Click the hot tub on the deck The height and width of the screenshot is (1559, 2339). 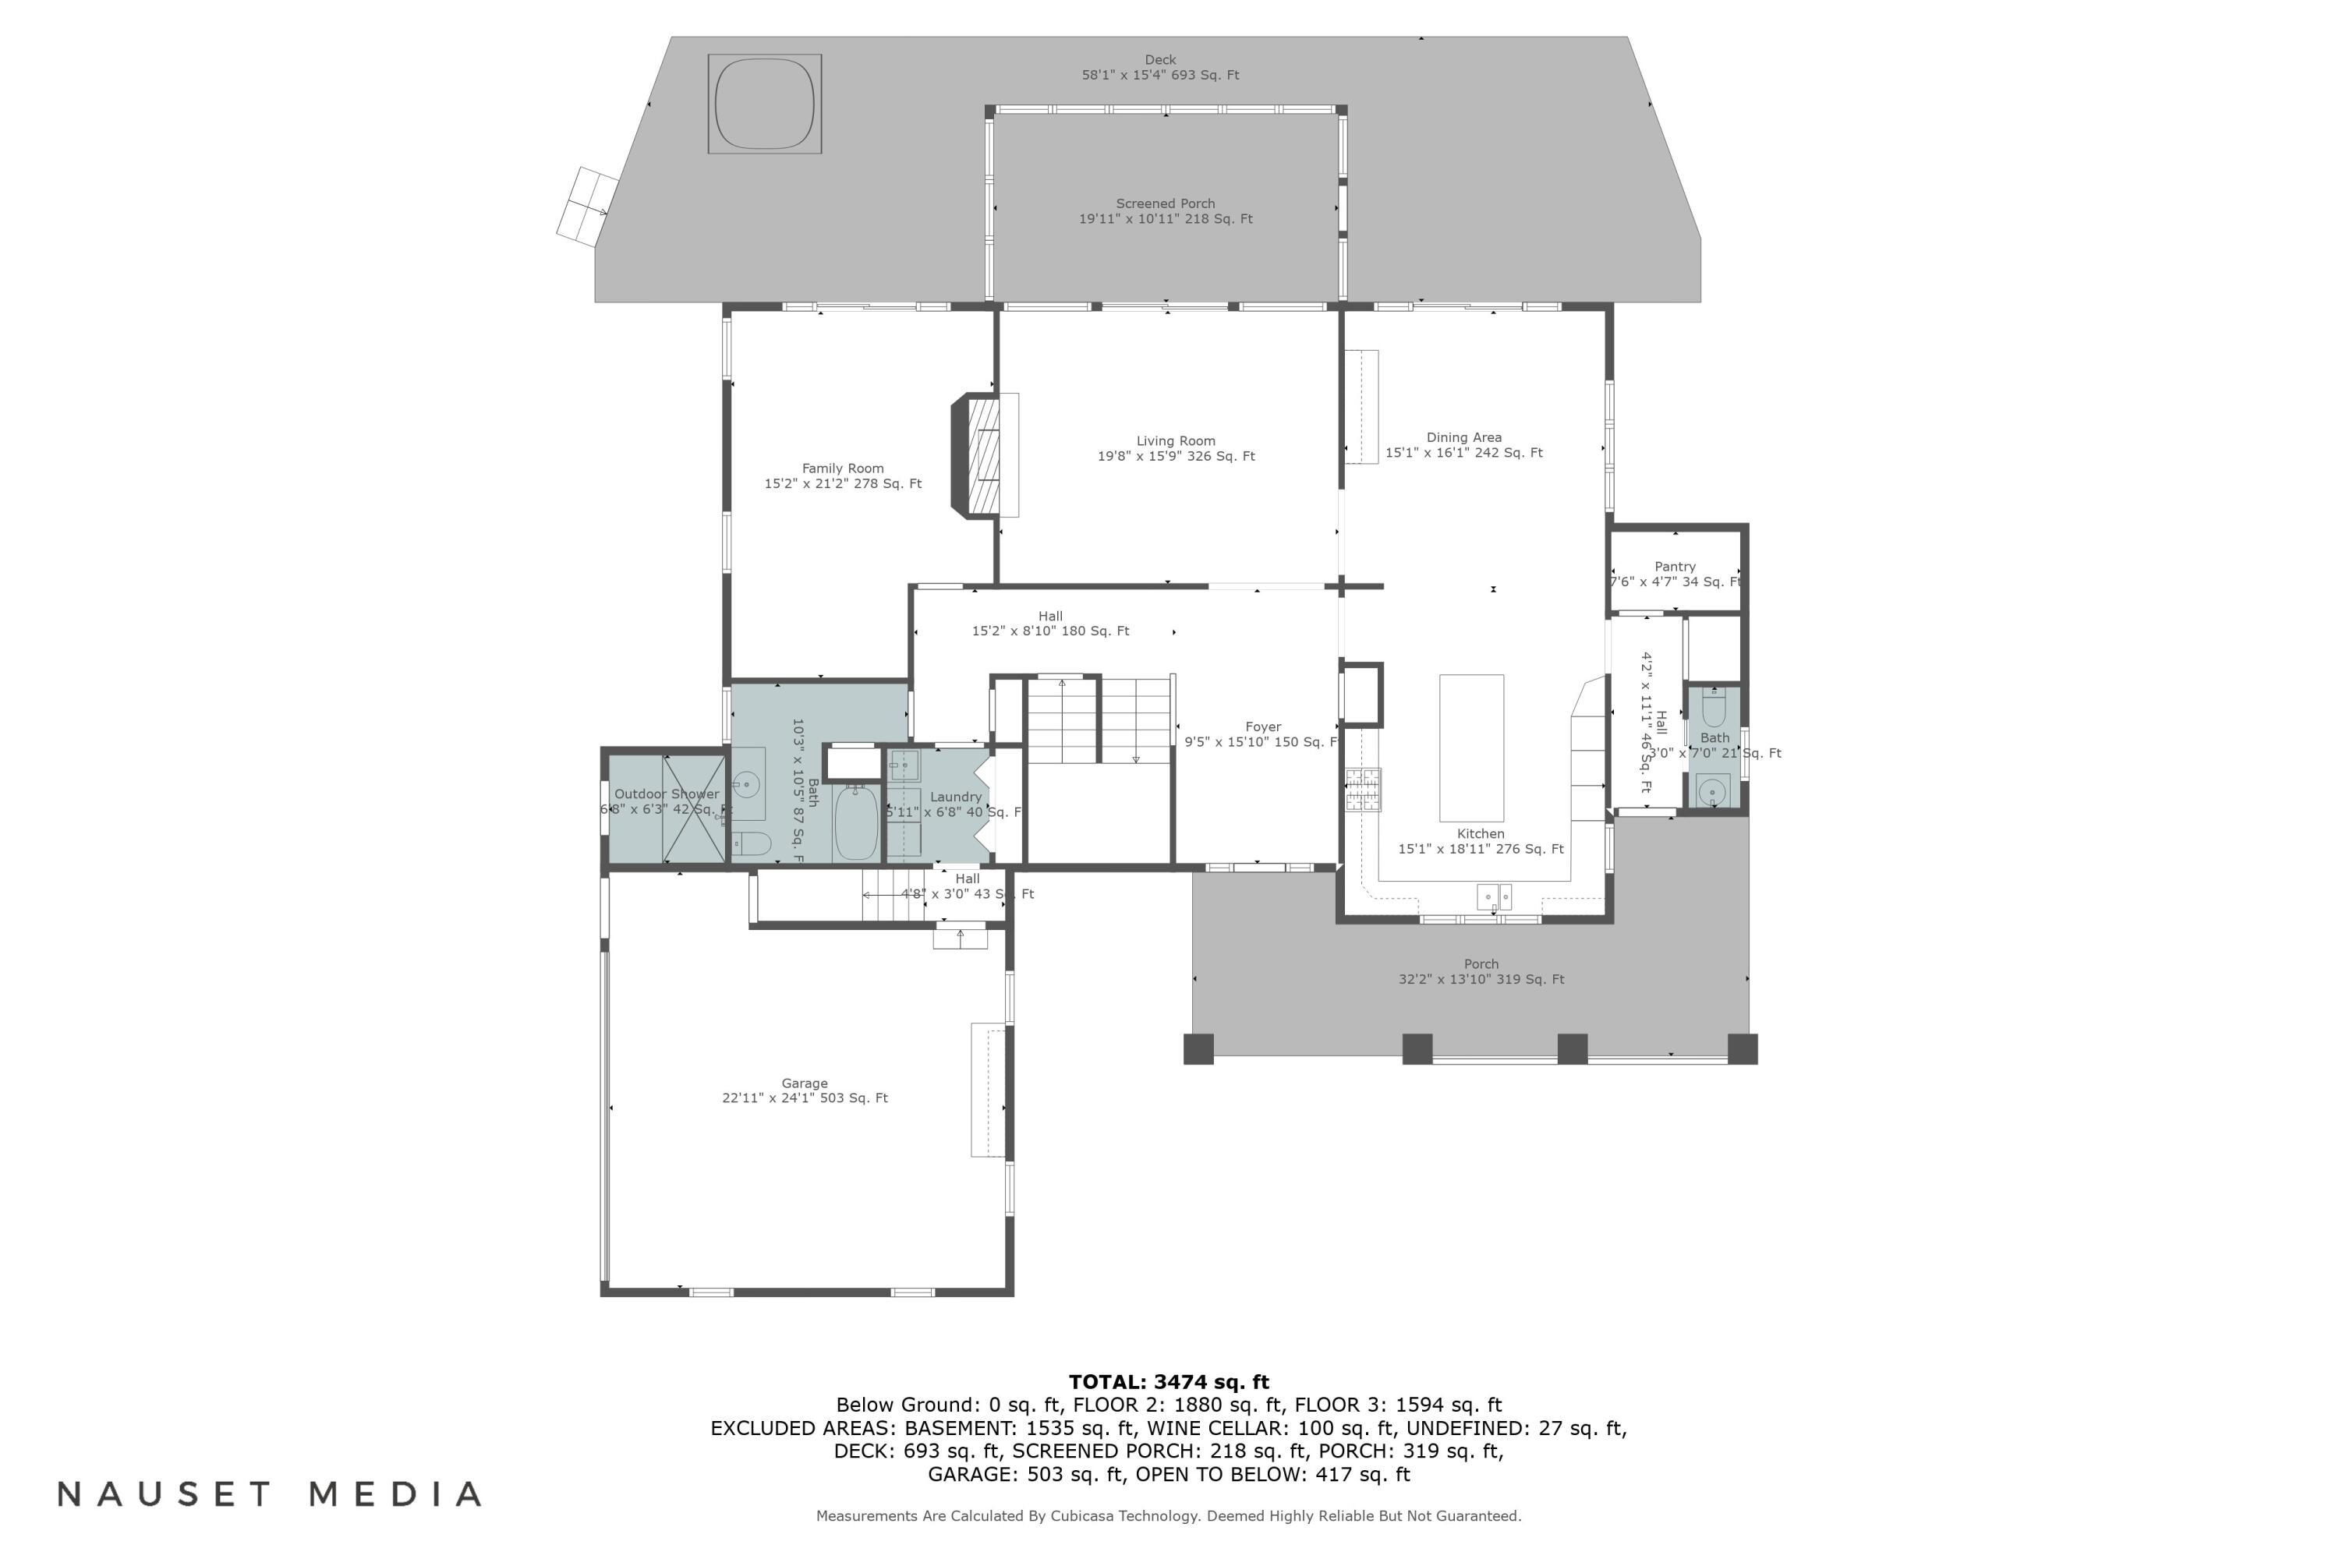click(764, 104)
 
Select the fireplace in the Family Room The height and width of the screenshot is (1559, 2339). click(982, 455)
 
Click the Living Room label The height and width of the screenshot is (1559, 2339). click(1176, 448)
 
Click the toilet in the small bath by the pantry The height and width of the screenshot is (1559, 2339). click(1714, 709)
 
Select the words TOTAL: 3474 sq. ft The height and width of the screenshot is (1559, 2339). click(1169, 1382)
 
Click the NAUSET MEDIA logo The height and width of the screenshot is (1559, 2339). click(270, 1494)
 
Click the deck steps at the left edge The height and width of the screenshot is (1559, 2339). click(588, 206)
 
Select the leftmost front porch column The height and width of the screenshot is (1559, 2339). click(1198, 1049)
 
